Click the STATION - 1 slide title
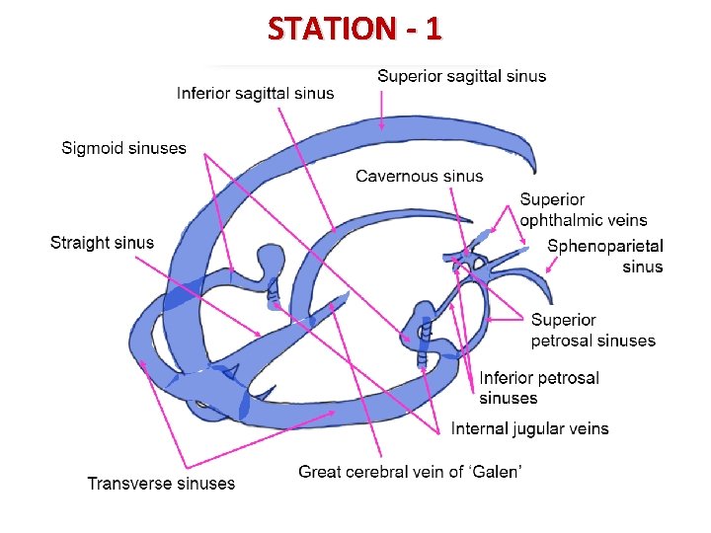355,29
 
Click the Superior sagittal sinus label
461,76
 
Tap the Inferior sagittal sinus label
255,94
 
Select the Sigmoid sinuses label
123,148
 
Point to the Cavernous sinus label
419,177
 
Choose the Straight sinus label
102,243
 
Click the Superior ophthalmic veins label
583,210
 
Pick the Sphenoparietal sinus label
604,256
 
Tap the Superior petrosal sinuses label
592,331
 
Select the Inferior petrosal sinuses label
538,388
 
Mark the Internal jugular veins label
529,428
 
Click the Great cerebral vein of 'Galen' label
410,472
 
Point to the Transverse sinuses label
161,483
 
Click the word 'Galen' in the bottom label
497,472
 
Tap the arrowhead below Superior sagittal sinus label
382,125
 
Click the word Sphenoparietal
604,246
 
